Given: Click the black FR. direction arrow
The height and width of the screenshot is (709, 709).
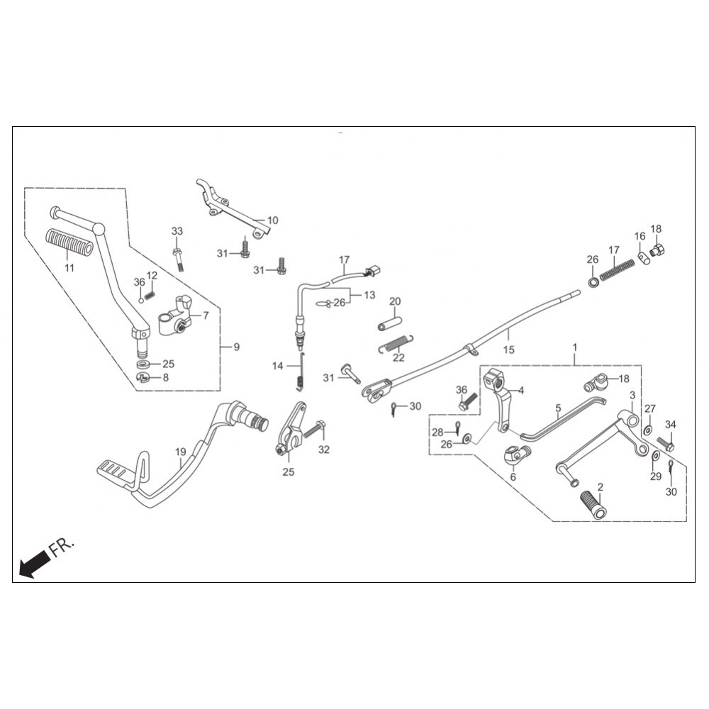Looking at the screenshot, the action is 34,563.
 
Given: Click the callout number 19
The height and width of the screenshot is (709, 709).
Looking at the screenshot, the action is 180,452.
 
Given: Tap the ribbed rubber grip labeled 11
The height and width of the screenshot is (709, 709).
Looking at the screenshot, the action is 69,242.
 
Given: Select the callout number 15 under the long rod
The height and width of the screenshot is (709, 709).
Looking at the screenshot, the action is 508,350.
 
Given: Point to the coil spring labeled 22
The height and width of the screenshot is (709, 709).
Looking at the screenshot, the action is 396,344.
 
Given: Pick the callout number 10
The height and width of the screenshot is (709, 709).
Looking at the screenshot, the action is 273,220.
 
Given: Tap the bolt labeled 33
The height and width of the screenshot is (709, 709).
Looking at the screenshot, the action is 178,259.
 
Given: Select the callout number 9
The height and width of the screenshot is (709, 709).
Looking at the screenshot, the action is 237,347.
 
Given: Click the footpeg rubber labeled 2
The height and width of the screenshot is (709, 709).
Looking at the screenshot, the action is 593,505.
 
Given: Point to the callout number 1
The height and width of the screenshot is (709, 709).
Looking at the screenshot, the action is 575,347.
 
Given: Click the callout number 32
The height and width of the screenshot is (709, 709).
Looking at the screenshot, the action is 324,450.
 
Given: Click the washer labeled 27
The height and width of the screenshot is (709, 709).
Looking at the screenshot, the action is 647,429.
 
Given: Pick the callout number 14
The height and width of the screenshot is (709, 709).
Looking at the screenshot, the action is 278,365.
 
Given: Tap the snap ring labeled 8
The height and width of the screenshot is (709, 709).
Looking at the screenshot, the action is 143,378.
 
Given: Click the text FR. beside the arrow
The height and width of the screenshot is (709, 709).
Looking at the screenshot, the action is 61,546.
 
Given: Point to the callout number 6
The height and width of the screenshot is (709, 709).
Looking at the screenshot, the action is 513,477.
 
